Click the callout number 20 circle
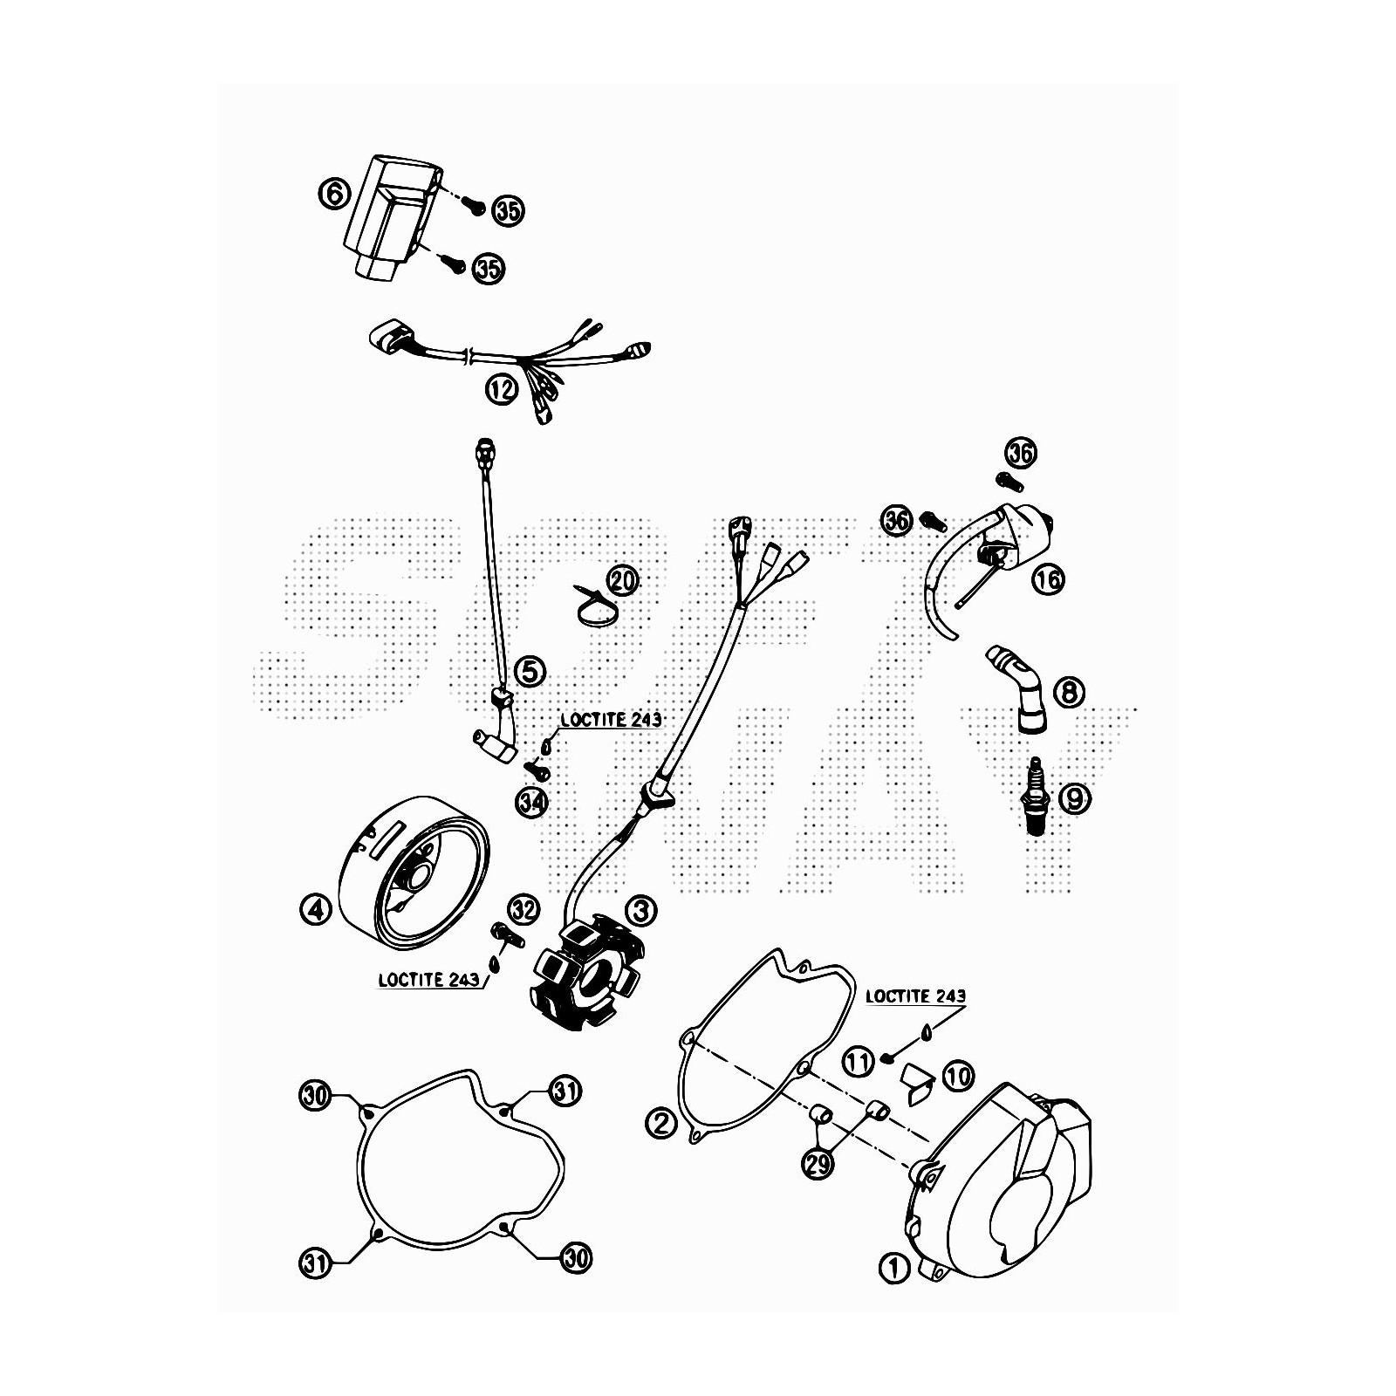623,579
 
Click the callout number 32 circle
523,910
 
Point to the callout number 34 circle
529,801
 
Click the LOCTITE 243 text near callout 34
611,721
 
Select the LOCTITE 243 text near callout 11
915,996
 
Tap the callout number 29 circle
818,1166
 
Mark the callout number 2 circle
662,1122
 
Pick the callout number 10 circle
958,1076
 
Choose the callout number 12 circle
502,389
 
